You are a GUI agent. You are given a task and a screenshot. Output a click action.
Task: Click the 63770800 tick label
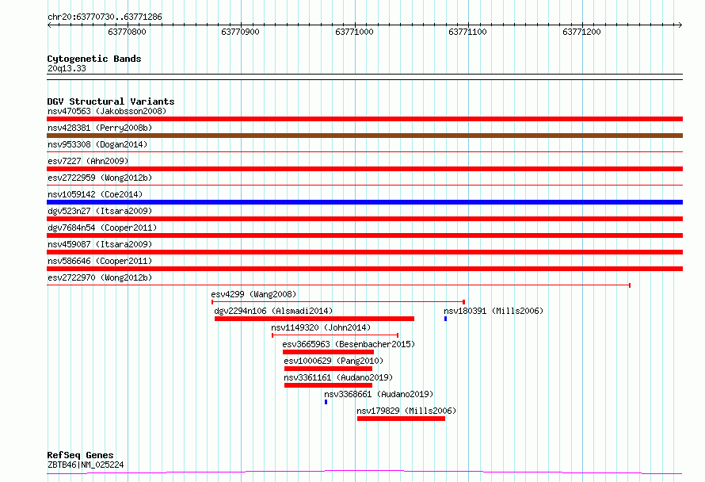(127, 32)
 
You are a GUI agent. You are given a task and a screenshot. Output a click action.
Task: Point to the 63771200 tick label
(581, 32)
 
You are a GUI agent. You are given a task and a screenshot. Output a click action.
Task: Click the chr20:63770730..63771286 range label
(105, 17)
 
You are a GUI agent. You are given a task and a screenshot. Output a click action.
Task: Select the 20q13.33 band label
(67, 68)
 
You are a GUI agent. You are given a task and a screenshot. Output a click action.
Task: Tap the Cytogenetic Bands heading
(94, 59)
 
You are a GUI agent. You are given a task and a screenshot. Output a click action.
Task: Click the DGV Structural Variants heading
(111, 101)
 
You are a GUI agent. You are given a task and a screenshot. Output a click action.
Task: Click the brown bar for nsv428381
(364, 136)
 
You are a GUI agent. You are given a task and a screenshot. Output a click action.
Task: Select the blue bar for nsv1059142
(364, 202)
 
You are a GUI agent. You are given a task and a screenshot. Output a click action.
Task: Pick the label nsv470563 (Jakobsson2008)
(107, 111)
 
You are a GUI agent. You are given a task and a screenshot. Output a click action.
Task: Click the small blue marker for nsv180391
(445, 319)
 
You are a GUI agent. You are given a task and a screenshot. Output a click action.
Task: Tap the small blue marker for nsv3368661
(326, 402)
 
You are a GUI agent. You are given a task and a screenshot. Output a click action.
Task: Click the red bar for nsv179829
(401, 419)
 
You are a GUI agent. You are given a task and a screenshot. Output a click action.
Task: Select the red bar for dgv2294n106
(314, 319)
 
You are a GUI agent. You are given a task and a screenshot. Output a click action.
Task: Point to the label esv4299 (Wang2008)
(253, 294)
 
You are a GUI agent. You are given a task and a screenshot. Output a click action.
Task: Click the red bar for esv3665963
(328, 352)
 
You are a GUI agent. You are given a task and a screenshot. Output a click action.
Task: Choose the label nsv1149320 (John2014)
(321, 327)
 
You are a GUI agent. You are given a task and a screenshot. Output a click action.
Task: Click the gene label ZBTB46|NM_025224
(86, 465)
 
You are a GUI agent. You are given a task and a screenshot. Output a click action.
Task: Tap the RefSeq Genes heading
(80, 455)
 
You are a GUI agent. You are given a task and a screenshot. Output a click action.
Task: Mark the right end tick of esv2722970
(630, 285)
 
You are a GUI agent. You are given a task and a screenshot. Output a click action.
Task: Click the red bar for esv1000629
(328, 369)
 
